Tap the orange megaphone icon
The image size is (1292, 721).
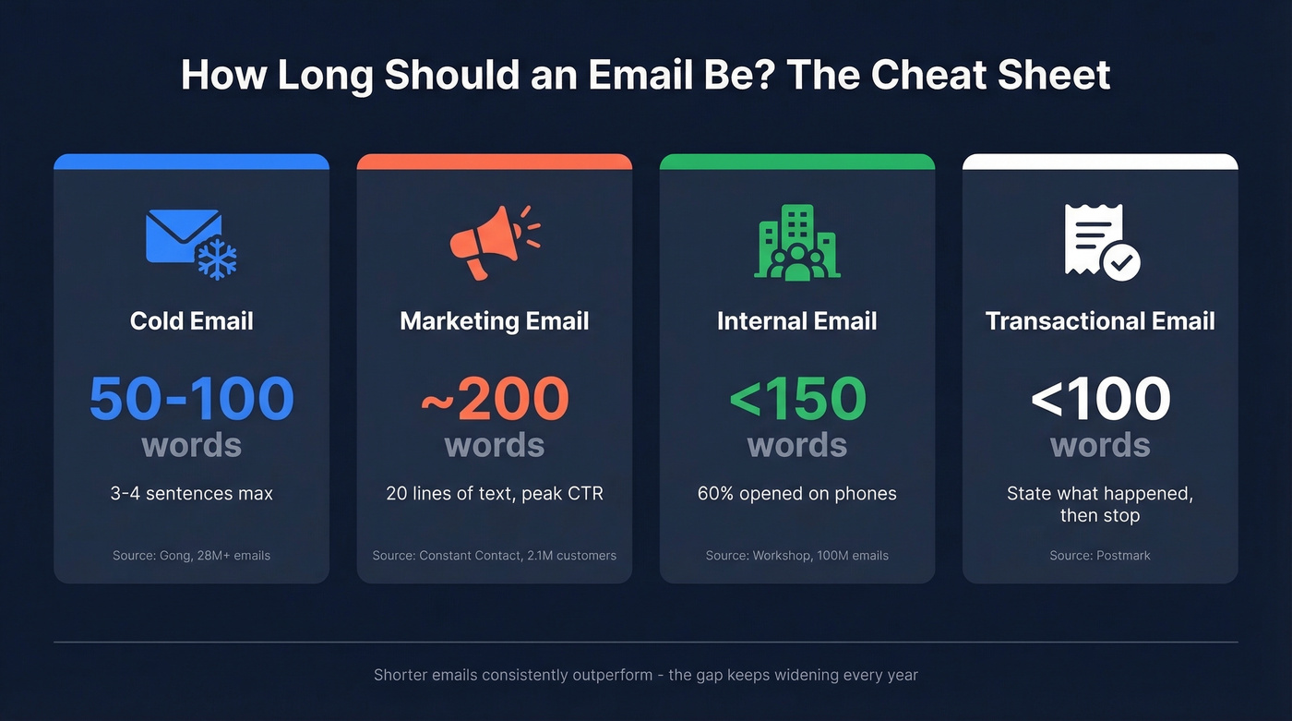(x=494, y=243)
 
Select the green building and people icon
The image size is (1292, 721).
(x=796, y=242)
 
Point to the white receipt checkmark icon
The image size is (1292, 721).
(x=1101, y=241)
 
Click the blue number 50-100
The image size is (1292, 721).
(x=191, y=399)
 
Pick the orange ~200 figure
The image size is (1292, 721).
(x=495, y=399)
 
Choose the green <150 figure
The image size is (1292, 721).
(x=797, y=399)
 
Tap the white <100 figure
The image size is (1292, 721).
(x=1100, y=399)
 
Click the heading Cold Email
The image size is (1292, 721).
(x=191, y=321)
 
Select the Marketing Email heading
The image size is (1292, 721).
(x=495, y=321)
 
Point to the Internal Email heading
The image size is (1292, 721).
(x=797, y=321)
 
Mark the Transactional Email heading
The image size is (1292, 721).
(x=1100, y=321)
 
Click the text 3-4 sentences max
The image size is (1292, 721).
(x=191, y=493)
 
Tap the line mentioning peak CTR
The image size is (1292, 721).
(x=495, y=493)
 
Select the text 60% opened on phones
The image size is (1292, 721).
(x=797, y=493)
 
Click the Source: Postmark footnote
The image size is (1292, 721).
(x=1100, y=555)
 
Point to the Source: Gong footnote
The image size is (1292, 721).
(x=191, y=555)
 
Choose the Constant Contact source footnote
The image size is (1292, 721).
(x=495, y=555)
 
